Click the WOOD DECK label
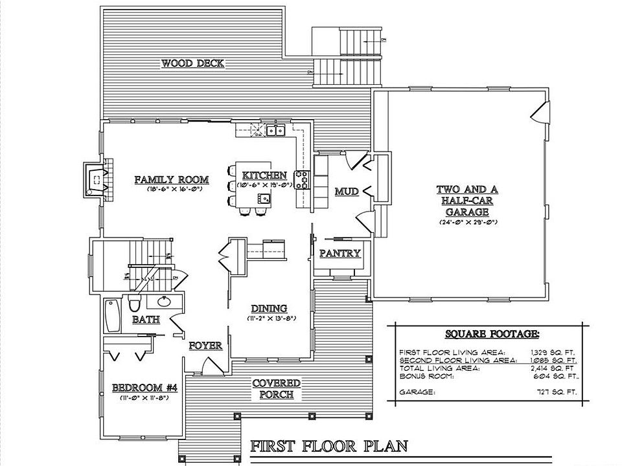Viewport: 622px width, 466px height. pyautogui.click(x=192, y=63)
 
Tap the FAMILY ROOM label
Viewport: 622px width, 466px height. pyautogui.click(x=171, y=180)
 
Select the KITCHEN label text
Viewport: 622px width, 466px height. pyautogui.click(x=264, y=175)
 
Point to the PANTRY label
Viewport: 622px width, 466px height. pyautogui.click(x=340, y=253)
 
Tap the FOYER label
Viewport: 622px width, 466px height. pyautogui.click(x=205, y=346)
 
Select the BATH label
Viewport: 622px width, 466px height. pyautogui.click(x=146, y=320)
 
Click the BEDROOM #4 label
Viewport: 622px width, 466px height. pyautogui.click(x=144, y=388)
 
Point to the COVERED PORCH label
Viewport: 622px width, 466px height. pyautogui.click(x=277, y=388)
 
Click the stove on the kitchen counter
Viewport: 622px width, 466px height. pyautogui.click(x=303, y=179)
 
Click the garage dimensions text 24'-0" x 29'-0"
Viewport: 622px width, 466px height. pyautogui.click(x=466, y=222)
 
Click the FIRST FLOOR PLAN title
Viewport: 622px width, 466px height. pyautogui.click(x=329, y=446)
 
